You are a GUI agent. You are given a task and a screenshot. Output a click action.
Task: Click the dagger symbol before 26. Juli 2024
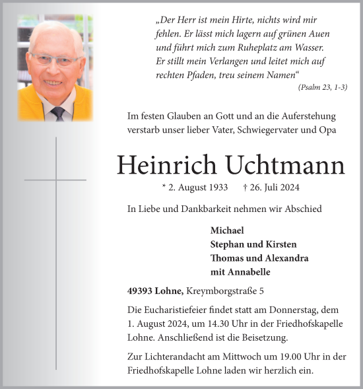(x=246, y=187)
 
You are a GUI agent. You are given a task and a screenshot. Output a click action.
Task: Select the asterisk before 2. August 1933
(x=164, y=187)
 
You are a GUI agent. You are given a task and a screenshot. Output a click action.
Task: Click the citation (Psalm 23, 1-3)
(x=323, y=87)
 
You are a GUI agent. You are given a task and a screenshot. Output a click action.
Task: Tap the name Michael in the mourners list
(x=227, y=230)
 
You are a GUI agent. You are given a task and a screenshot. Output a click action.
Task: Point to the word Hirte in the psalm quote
(x=250, y=20)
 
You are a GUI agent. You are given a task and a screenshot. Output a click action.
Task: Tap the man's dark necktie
(x=58, y=112)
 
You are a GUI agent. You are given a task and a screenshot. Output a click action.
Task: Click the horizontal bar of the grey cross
(x=55, y=180)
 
